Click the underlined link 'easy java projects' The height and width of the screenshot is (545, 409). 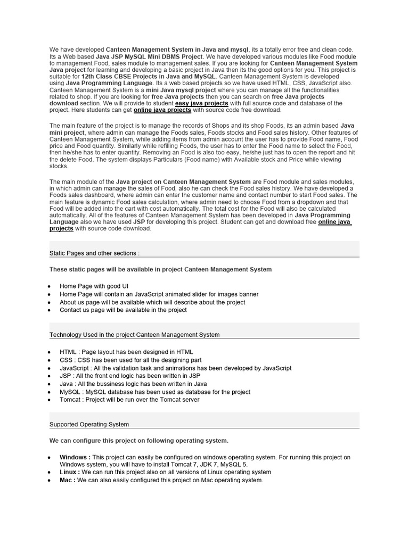coord(201,103)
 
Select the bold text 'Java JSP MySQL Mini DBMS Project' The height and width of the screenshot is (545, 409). coord(151,56)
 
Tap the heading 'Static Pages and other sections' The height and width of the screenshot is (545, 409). coord(94,253)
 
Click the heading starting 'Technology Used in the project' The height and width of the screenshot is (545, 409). coord(134,335)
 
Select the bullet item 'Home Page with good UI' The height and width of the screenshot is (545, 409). coord(94,286)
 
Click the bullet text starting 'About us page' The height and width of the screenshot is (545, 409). coord(152,302)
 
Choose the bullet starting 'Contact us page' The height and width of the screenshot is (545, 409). coord(123,310)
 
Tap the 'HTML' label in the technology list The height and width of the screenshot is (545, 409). coord(68,352)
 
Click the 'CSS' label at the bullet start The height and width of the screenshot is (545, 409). coord(67,360)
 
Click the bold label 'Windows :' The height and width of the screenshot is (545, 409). coord(75,457)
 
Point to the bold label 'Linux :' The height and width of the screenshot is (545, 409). coord(70,472)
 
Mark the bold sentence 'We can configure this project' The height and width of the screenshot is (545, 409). coord(138,441)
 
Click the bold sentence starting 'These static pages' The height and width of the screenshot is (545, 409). coord(160,269)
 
